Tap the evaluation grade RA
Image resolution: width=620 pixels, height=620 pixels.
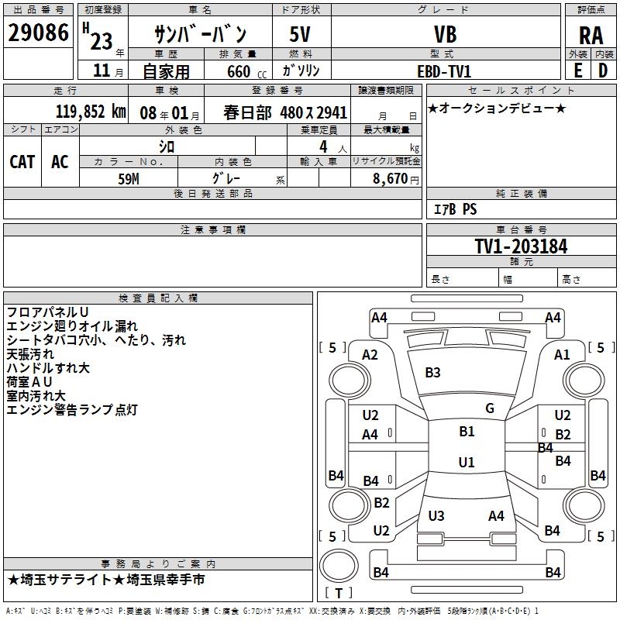click(x=591, y=35)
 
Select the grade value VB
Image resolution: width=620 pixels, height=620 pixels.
click(x=446, y=35)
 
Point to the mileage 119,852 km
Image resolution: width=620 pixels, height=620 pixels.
click(x=91, y=112)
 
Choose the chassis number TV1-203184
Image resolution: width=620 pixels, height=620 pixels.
click(x=521, y=246)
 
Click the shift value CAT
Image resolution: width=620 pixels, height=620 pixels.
click(x=22, y=161)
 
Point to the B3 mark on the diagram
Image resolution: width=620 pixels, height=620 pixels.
click(x=432, y=373)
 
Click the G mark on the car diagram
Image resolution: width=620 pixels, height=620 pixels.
click(x=490, y=408)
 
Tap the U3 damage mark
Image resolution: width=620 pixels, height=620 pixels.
click(x=436, y=516)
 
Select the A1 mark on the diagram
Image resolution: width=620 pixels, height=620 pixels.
click(x=562, y=355)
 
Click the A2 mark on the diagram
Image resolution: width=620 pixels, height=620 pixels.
click(x=370, y=355)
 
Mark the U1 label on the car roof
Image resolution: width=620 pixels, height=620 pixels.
click(x=466, y=463)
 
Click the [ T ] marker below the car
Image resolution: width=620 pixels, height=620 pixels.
click(x=338, y=593)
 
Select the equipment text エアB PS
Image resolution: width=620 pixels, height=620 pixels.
click(x=455, y=209)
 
